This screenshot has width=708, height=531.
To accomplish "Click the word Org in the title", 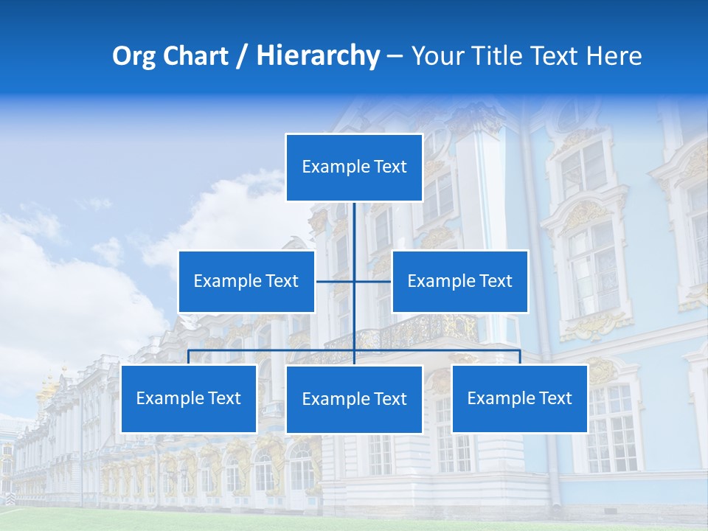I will click(x=133, y=56).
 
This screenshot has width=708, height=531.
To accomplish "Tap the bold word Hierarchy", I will click(x=317, y=56).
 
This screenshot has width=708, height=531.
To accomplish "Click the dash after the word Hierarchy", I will click(x=395, y=56).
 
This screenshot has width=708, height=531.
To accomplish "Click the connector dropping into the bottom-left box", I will click(x=188, y=357).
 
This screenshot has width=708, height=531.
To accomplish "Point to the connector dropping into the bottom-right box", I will click(x=520, y=357).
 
